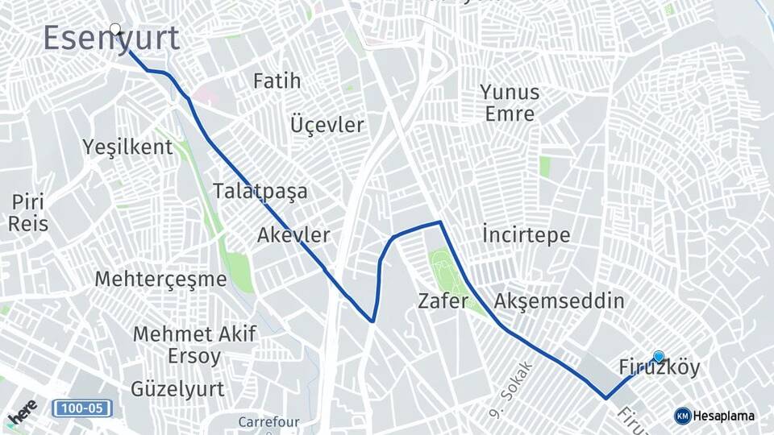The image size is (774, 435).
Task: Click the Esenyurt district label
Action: click(x=111, y=39)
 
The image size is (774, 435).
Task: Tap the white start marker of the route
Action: click(x=115, y=30)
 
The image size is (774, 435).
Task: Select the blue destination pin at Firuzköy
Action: click(x=659, y=357)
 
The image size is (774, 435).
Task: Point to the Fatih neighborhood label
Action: click(x=277, y=81)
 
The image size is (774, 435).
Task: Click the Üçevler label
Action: click(x=327, y=126)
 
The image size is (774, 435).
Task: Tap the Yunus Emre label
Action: click(x=510, y=102)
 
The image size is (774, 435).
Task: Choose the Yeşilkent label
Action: click(x=127, y=147)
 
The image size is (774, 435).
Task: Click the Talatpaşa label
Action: click(x=260, y=192)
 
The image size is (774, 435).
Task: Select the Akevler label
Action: click(x=293, y=235)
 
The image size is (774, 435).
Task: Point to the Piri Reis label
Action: click(x=28, y=213)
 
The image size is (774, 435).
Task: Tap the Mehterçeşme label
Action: click(x=160, y=280)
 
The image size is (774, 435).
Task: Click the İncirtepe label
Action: click(x=526, y=235)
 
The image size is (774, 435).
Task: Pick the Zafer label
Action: click(x=443, y=301)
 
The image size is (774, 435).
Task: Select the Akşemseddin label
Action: click(x=560, y=301)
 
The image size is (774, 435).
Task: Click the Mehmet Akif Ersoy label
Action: click(x=194, y=344)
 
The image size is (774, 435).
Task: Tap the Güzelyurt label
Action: click(x=177, y=388)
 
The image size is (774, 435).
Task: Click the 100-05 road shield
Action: click(x=82, y=408)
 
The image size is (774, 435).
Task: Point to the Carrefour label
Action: click(x=268, y=421)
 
